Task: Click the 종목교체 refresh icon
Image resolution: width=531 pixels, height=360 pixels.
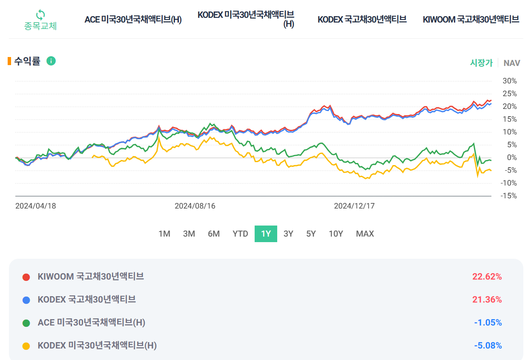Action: (40, 15)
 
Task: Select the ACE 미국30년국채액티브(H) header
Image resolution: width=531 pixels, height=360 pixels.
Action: (133, 20)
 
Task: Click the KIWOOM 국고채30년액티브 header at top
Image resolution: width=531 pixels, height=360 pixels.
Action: (471, 20)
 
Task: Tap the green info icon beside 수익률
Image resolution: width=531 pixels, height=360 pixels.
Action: (51, 61)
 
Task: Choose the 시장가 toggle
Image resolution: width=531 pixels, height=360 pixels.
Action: (481, 63)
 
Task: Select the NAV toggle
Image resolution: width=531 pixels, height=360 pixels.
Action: (511, 63)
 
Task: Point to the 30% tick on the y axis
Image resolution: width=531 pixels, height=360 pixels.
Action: (509, 81)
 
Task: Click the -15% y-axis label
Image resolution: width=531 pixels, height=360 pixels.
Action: (508, 196)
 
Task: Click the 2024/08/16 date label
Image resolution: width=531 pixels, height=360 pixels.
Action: (195, 206)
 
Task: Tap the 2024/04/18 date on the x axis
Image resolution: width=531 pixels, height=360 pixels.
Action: (36, 206)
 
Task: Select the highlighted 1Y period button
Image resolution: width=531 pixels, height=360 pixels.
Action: (266, 234)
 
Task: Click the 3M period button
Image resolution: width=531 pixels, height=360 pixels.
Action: (189, 234)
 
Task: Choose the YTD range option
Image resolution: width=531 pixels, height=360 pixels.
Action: (240, 234)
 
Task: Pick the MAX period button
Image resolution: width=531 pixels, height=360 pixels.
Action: (365, 234)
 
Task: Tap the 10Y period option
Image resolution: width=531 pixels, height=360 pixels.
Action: (336, 234)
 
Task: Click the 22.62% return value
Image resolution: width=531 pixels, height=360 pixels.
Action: (487, 277)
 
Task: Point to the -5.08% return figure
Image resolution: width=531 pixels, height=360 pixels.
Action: (488, 346)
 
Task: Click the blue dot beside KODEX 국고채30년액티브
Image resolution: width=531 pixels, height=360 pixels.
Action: (26, 300)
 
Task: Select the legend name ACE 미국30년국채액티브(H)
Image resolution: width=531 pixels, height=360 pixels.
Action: (92, 323)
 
